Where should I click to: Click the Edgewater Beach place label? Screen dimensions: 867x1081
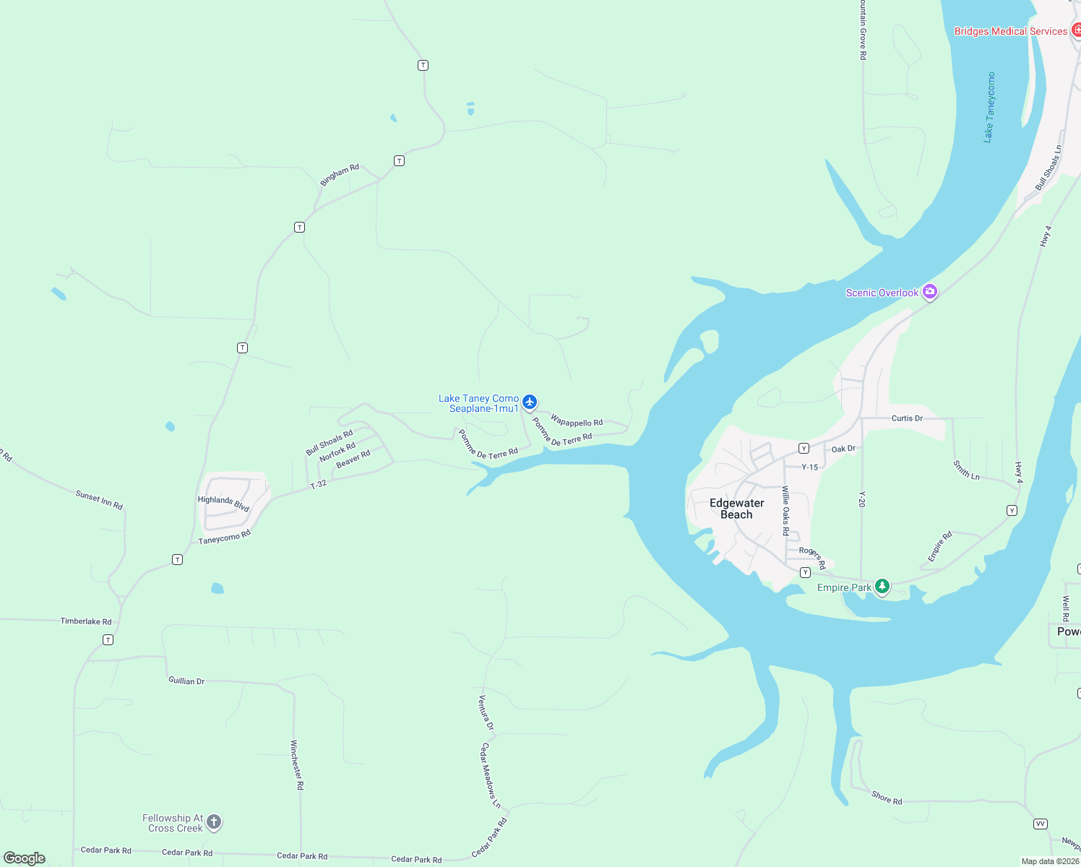coord(736,509)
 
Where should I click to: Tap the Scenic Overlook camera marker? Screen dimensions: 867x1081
coord(930,292)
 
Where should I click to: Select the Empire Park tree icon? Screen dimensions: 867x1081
coord(882,586)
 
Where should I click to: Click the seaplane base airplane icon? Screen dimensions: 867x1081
coord(530,402)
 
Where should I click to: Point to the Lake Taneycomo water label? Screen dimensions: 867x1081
coord(989,107)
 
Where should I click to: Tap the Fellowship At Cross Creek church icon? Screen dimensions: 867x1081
coord(214,821)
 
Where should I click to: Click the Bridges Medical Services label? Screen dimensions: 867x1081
coord(1010,31)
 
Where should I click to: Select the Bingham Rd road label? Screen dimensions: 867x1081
coord(340,175)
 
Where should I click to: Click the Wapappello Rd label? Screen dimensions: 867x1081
coord(577,420)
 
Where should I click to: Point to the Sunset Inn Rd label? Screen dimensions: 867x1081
coord(99,500)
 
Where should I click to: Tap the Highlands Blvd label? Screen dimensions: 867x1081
coord(223,504)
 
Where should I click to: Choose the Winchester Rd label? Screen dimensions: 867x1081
coord(297,764)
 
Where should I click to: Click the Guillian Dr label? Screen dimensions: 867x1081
coord(186,681)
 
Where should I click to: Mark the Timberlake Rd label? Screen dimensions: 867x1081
coord(86,621)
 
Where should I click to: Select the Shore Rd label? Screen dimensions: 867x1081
coord(887,798)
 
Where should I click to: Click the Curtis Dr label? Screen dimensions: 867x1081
coord(907,418)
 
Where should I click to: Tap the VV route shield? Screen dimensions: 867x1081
coord(1041,824)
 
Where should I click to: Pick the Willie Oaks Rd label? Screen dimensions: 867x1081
coord(785,510)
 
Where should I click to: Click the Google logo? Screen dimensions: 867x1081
coord(25,858)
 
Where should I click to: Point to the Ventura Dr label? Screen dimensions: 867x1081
coord(486,712)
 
